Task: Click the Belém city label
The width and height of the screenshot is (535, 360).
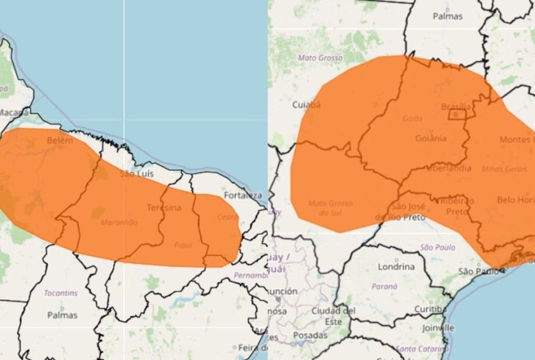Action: (x=60, y=140)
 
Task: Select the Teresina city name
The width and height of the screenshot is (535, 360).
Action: (x=164, y=208)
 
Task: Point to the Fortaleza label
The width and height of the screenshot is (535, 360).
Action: (x=243, y=195)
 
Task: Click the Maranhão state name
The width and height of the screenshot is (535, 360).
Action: (x=119, y=223)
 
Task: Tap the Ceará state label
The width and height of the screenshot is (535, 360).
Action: (x=227, y=217)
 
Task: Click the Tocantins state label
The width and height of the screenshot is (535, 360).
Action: (x=60, y=293)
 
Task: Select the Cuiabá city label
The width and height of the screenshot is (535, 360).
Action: (x=306, y=105)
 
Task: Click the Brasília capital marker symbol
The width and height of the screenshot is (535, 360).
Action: (x=456, y=114)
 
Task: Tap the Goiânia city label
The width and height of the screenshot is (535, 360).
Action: (x=430, y=138)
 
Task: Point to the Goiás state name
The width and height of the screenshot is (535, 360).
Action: (x=412, y=119)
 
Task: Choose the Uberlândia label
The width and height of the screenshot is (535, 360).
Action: (x=448, y=168)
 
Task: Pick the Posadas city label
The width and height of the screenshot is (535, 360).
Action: (x=310, y=335)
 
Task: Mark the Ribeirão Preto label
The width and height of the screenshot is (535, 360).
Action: (x=457, y=206)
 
